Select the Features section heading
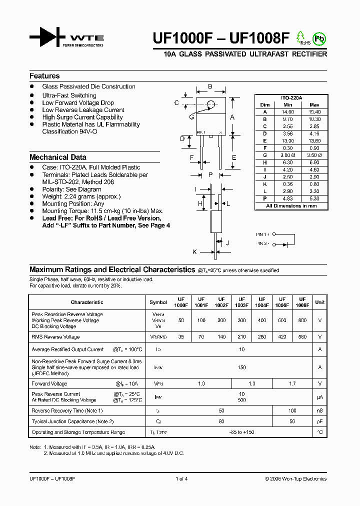click(44, 76)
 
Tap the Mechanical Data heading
click(57, 157)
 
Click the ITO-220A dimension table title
click(291, 98)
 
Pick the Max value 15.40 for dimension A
click(314, 112)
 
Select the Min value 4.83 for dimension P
click(287, 198)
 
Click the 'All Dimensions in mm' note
click(291, 205)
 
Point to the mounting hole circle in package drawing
click(211, 104)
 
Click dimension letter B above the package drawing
click(210, 86)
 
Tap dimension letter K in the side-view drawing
click(195, 252)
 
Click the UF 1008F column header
click(302, 302)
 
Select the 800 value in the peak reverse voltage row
click(302, 320)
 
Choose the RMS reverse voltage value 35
click(181, 337)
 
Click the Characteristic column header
click(87, 302)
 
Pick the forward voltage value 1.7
click(292, 384)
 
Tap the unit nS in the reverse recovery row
click(319, 410)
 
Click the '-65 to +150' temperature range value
click(242, 432)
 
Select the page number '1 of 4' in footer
click(181, 478)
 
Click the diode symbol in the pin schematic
click(284, 243)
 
